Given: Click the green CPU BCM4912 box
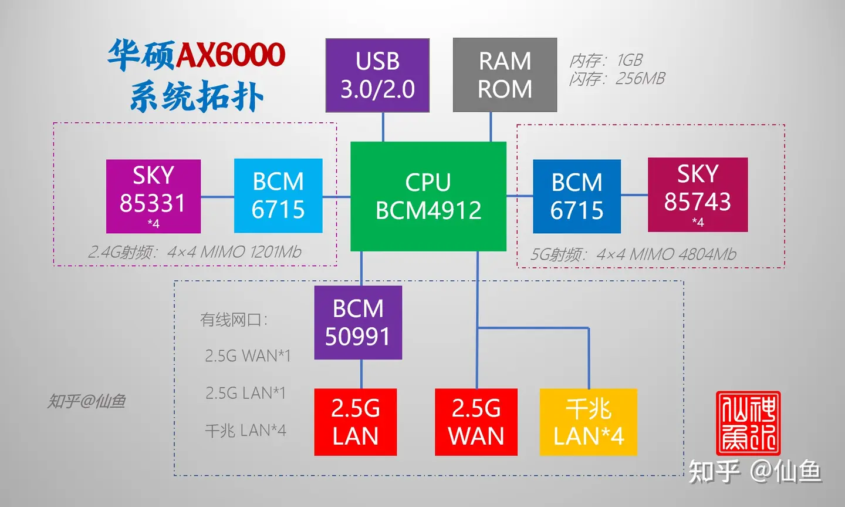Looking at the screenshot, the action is (x=428, y=196).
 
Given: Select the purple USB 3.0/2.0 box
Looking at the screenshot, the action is (x=377, y=75).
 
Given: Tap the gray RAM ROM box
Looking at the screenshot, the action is (x=505, y=75).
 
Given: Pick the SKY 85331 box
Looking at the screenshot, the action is (x=153, y=196).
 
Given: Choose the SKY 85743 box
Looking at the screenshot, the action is (x=698, y=194).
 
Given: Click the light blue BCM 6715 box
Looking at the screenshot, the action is (x=278, y=196).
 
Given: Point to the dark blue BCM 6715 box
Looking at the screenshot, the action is (x=576, y=196).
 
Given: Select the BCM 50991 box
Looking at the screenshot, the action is (x=358, y=323).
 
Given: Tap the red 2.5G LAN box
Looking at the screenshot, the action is (x=356, y=422).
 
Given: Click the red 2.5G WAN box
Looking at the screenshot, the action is (x=476, y=422).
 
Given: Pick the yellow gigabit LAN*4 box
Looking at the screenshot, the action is (x=588, y=422).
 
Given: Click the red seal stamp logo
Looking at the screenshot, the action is (x=748, y=423).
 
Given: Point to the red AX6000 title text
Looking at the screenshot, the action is (x=230, y=55).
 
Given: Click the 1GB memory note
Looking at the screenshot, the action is (x=606, y=60).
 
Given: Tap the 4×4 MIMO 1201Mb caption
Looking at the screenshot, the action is (x=234, y=252).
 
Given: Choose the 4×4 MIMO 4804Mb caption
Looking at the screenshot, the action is (x=666, y=254).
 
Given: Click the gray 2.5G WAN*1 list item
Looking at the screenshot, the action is (x=248, y=356).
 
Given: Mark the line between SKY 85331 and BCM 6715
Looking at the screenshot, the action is (x=217, y=197).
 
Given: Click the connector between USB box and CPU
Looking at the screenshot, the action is (x=383, y=127).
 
